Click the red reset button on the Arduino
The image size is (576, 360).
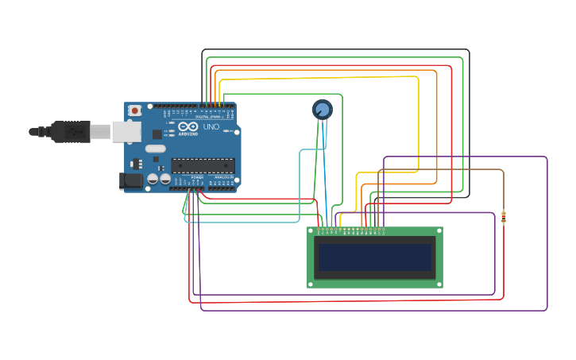[135, 110]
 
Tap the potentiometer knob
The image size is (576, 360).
[322, 110]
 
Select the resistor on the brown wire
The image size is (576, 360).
[504, 217]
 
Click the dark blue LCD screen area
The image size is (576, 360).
[374, 257]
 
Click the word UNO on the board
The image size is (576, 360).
[211, 127]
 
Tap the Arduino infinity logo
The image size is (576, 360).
[188, 127]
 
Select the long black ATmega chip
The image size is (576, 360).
[203, 165]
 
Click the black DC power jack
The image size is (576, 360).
[130, 181]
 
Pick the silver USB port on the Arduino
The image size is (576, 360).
[126, 131]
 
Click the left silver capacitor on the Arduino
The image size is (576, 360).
[152, 180]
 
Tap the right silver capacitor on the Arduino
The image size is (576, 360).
[165, 180]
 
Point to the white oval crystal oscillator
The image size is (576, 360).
[156, 149]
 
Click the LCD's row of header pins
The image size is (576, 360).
[350, 230]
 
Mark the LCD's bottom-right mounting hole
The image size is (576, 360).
[439, 284]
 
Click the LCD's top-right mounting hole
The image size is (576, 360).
[439, 231]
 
